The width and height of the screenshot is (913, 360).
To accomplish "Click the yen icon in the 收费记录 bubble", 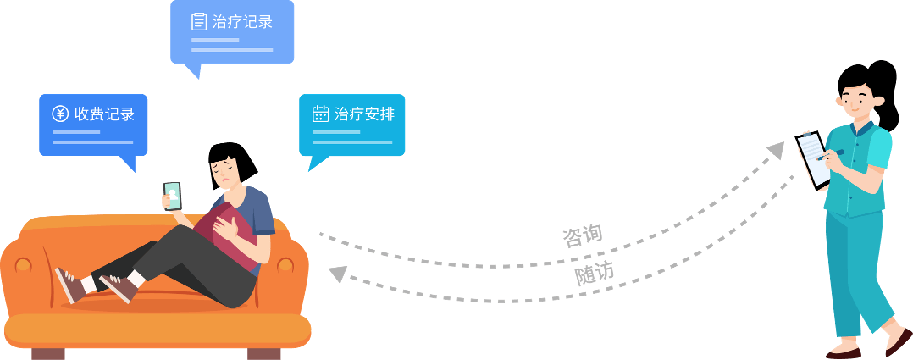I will click(60, 114).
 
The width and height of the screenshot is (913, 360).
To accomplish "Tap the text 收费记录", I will click(105, 114).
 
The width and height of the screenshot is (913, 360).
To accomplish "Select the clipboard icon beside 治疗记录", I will click(199, 22).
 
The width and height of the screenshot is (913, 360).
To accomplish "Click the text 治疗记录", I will click(243, 22).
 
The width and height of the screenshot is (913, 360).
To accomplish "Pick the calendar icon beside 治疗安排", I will click(320, 114).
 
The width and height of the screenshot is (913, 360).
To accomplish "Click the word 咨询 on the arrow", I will click(582, 235).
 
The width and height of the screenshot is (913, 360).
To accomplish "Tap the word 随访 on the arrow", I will click(595, 274).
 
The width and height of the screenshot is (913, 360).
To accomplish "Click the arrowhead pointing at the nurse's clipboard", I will click(775, 152).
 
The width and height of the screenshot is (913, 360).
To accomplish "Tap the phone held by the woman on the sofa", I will click(172, 196).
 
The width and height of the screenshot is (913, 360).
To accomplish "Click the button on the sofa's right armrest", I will click(285, 265).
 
